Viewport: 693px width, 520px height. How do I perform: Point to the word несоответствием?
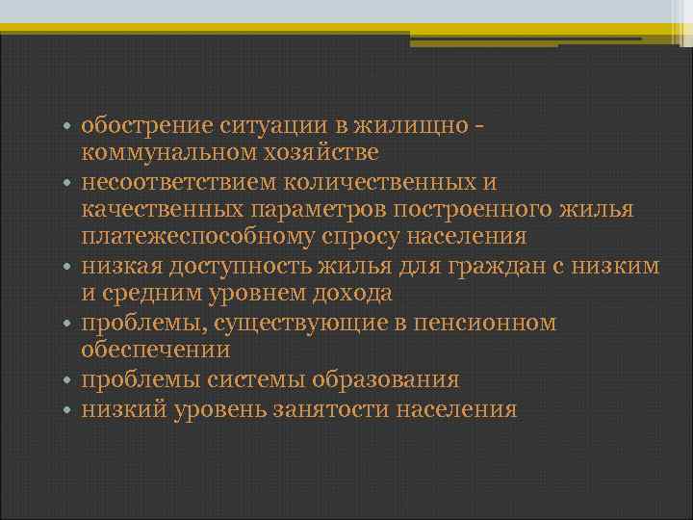click(x=176, y=182)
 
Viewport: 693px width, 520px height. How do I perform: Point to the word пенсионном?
click(x=484, y=323)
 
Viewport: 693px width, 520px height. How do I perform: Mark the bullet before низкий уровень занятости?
click(x=69, y=410)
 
